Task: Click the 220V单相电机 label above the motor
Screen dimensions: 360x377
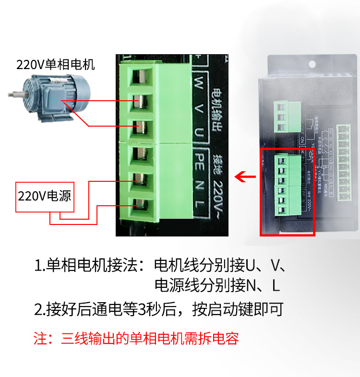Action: (x=56, y=64)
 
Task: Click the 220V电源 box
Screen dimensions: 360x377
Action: (x=46, y=196)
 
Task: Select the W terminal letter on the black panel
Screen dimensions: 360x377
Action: (x=199, y=82)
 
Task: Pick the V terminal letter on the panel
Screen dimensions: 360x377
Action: (x=199, y=108)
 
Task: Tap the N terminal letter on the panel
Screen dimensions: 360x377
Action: (x=200, y=185)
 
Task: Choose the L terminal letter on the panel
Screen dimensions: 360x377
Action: (x=200, y=205)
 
